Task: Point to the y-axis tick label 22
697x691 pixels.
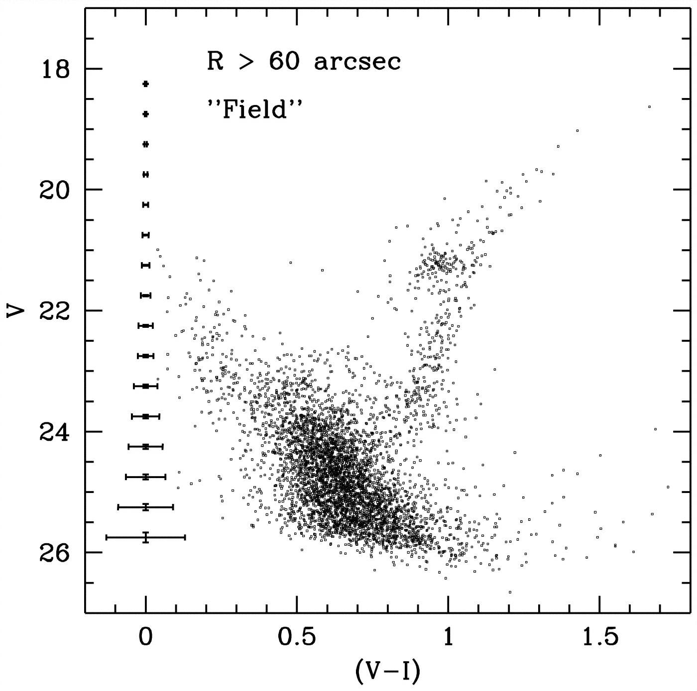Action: pos(55,310)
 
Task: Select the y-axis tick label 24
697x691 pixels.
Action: pos(55,431)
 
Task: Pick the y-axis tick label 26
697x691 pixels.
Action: pos(55,552)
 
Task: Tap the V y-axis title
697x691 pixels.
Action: pos(16,311)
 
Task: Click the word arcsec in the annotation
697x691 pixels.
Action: pos(357,62)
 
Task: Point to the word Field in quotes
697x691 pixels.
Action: pos(255,109)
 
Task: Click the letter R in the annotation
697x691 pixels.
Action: pos(215,62)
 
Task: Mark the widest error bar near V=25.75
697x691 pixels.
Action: pos(145,537)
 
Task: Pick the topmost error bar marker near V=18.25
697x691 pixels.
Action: pos(145,84)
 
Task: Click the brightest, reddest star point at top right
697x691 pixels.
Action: pos(649,107)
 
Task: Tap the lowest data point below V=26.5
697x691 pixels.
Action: pos(510,592)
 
